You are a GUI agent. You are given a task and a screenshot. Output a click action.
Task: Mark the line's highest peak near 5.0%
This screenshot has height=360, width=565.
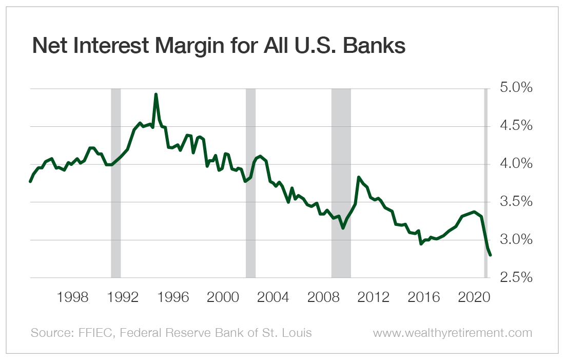pos(155,94)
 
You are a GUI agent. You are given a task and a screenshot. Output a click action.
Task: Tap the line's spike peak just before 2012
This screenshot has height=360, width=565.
pos(359,177)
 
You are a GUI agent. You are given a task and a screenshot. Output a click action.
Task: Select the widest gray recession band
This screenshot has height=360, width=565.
pos(341,183)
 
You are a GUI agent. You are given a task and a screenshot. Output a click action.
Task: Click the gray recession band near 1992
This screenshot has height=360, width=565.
pos(116,183)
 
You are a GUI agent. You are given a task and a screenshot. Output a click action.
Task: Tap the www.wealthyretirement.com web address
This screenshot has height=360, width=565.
pos(453,333)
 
